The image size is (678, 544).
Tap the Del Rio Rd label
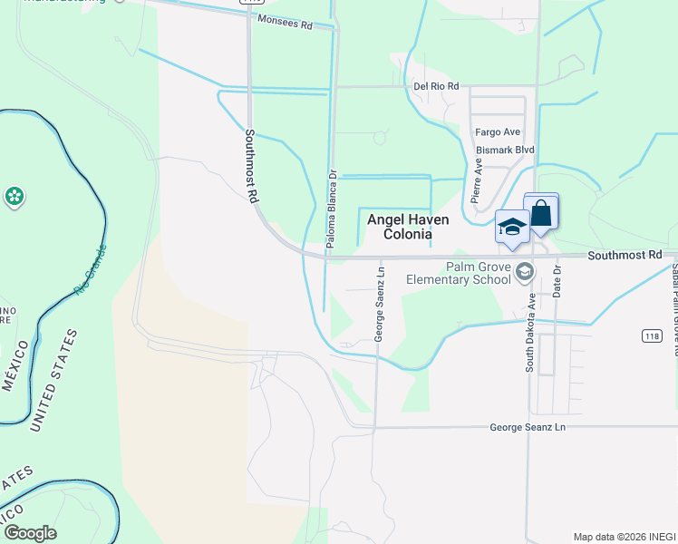click(x=436, y=86)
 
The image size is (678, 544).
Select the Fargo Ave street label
click(x=499, y=131)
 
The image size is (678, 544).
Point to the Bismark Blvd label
click(x=505, y=150)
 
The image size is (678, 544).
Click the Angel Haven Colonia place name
click(x=407, y=227)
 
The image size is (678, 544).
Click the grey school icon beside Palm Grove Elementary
click(x=525, y=271)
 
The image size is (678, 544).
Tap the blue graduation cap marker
click(x=511, y=227)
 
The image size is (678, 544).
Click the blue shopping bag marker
click(x=541, y=214)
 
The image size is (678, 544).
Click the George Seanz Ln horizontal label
click(x=527, y=426)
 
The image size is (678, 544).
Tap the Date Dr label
click(x=557, y=282)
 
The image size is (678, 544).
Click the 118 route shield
click(x=651, y=335)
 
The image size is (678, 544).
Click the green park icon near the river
click(x=15, y=196)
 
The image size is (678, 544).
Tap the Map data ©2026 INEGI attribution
click(x=625, y=537)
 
